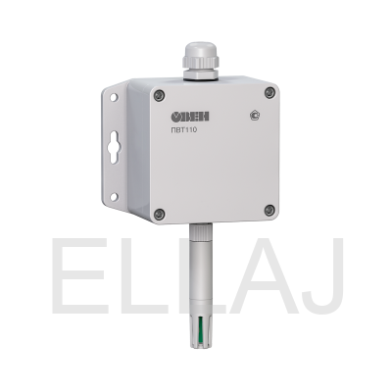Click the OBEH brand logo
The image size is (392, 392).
[x=190, y=117]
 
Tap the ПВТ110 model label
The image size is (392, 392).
[x=184, y=130]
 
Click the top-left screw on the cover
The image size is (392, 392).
[x=159, y=95]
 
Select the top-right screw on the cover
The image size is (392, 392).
[x=269, y=92]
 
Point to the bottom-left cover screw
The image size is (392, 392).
[x=159, y=214]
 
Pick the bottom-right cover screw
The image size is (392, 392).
[x=269, y=210]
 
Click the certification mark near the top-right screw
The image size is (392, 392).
[x=255, y=116]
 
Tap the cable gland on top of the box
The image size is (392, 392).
[x=200, y=61]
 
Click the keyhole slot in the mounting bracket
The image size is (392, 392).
[x=113, y=147]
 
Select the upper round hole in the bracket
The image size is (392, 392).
[x=114, y=97]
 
